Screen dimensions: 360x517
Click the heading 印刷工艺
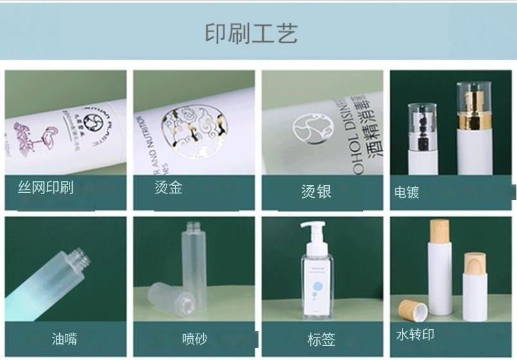pos(251,33)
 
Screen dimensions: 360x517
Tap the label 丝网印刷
pos(45,188)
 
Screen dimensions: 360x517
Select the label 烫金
pos(168,188)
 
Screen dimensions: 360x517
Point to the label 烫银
pos(316,191)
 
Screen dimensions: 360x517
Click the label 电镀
pos(406,192)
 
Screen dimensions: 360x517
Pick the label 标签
pos(322,339)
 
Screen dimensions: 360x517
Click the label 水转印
pos(415,335)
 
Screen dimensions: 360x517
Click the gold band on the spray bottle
pos(470,120)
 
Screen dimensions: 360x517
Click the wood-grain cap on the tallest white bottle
pos(440,230)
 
